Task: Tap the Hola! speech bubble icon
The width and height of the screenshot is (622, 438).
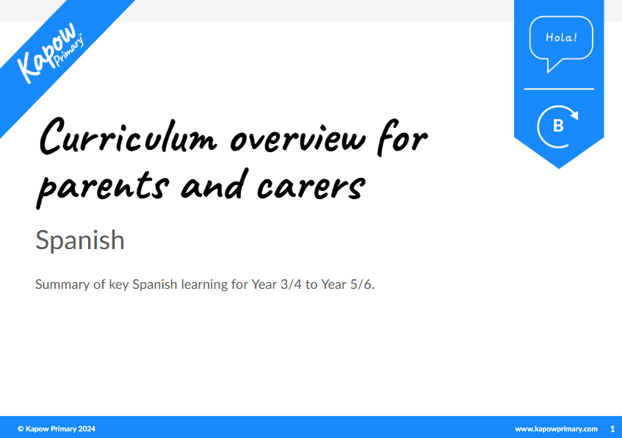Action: pyautogui.click(x=560, y=40)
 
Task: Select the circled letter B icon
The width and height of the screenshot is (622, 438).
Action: pyautogui.click(x=558, y=126)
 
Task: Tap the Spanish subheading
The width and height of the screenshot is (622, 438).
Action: pyautogui.click(x=79, y=240)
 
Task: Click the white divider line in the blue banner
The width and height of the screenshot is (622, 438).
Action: pyautogui.click(x=558, y=89)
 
